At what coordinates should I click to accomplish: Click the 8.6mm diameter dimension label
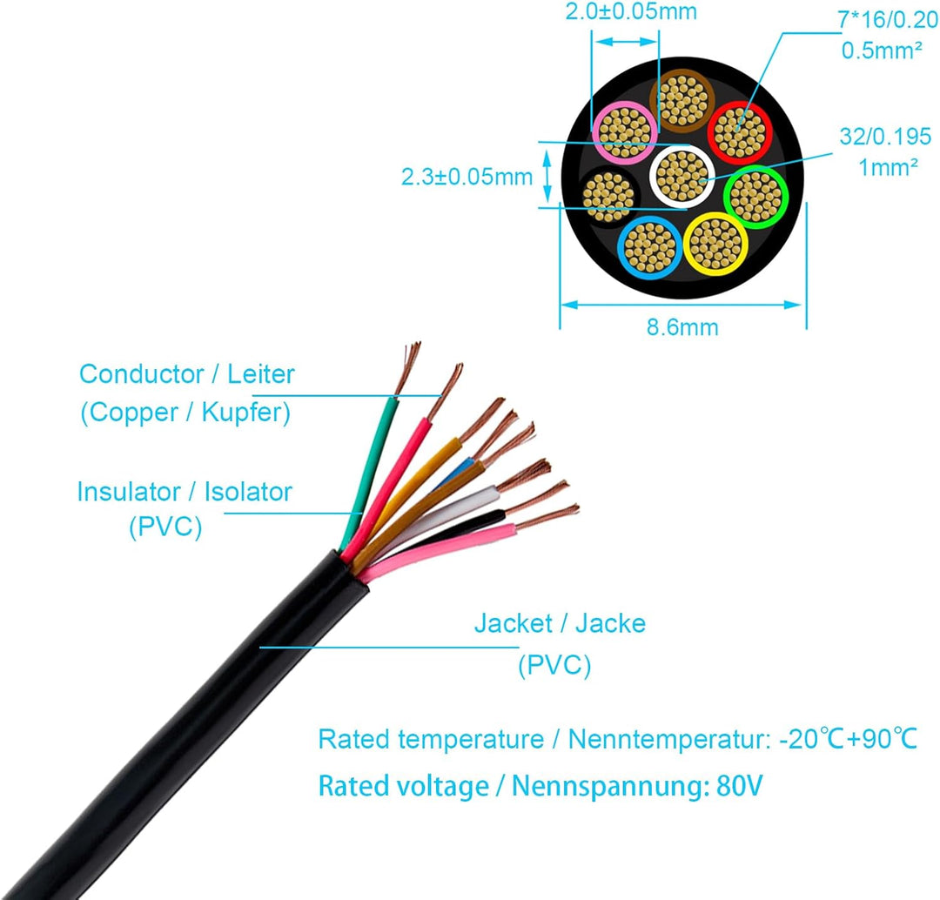[x=681, y=327]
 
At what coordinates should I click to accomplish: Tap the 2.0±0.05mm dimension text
[x=631, y=13]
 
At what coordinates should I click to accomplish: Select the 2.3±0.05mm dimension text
[x=467, y=177]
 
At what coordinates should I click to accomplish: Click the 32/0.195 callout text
[x=885, y=137]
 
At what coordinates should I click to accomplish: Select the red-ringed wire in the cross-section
[x=740, y=133]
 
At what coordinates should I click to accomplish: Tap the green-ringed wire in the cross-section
[x=755, y=196]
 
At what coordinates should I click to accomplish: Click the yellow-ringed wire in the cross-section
[x=715, y=242]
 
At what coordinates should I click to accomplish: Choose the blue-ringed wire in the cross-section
[x=649, y=247]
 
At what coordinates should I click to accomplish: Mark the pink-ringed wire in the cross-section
[x=624, y=132]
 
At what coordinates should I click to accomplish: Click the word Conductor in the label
[x=140, y=375]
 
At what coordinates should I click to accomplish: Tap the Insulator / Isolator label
[x=185, y=492]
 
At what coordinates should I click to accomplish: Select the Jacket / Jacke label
[x=560, y=623]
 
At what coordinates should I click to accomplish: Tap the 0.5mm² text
[x=882, y=50]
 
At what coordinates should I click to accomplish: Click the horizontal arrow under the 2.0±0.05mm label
[x=625, y=42]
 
